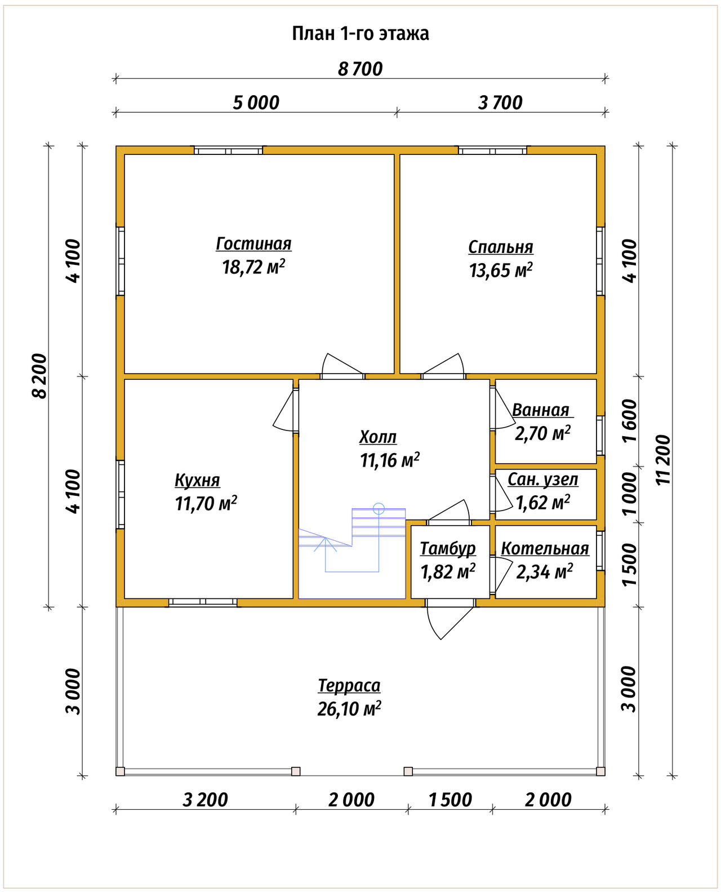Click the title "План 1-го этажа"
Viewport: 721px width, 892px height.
coord(360,34)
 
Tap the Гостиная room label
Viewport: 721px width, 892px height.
coord(253,244)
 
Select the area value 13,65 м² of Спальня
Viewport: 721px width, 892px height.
coord(501,270)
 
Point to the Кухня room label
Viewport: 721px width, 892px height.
coord(197,480)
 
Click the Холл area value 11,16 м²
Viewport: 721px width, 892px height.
coord(390,460)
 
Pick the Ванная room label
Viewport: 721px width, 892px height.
coord(541,410)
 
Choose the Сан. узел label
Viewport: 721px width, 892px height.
coord(543,480)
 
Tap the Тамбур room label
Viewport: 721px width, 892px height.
coord(448,549)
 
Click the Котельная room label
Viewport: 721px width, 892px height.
coord(545,549)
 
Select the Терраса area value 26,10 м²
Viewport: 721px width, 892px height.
coord(349,709)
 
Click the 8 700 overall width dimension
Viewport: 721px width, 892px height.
coord(360,69)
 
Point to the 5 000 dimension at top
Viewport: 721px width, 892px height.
coord(256,103)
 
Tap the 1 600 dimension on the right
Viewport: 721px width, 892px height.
coord(629,420)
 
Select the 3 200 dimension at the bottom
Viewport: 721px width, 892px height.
coord(205,800)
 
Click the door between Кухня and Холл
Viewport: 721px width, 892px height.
coord(286,410)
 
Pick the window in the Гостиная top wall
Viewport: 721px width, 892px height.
coord(228,150)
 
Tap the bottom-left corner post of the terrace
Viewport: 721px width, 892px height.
coord(120,771)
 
